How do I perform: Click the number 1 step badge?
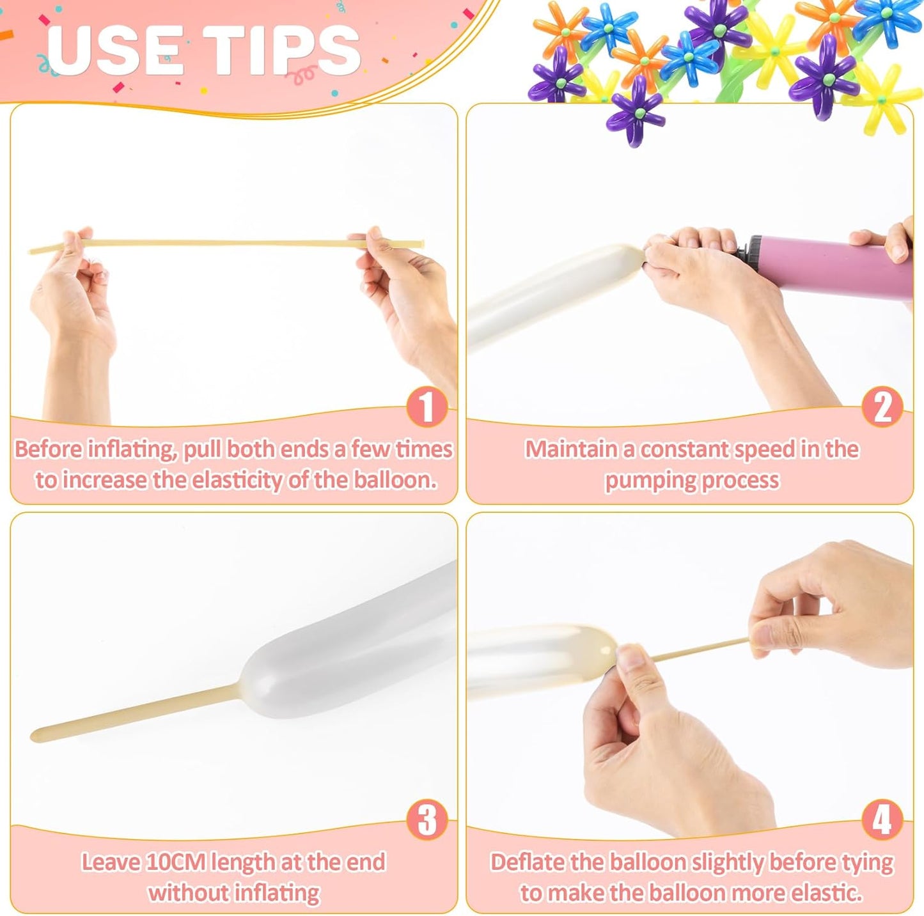(x=427, y=407)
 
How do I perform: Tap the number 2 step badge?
(x=882, y=407)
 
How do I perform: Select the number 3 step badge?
(x=427, y=820)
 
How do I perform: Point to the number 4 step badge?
(x=882, y=820)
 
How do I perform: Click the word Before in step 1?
(x=49, y=449)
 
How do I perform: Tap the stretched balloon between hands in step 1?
(x=224, y=243)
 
